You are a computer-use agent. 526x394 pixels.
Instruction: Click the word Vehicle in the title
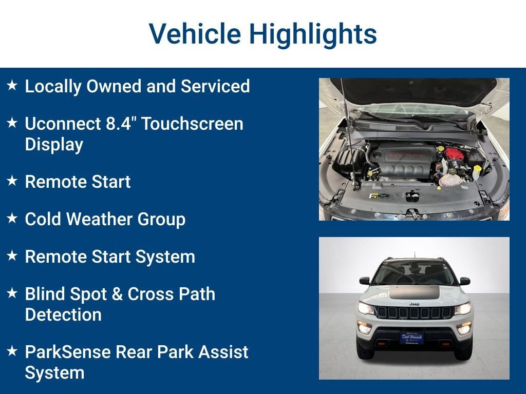[x=195, y=33]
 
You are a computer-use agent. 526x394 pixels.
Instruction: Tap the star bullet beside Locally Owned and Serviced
[x=12, y=85]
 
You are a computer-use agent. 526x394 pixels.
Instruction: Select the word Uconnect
[x=62, y=124]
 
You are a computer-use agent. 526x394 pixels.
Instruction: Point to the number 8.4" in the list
[x=120, y=123]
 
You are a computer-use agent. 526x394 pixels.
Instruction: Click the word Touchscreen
[x=192, y=124]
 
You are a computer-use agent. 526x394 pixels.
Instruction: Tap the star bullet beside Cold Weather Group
[x=12, y=218]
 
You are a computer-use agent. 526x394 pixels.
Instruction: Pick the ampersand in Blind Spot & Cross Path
[x=117, y=294]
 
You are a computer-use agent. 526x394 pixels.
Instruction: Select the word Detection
[x=63, y=314]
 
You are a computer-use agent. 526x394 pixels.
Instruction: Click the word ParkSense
[x=67, y=352]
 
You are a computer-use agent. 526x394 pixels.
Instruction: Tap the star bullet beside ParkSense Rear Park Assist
[x=12, y=351]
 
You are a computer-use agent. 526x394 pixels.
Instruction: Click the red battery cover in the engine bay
[x=455, y=153]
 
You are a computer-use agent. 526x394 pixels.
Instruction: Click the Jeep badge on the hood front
[x=415, y=304]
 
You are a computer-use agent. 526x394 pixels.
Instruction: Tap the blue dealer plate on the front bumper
[x=412, y=338]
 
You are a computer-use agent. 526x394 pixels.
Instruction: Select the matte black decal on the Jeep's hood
[x=415, y=292]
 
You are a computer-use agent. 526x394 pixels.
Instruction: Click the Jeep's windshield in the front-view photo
[x=415, y=273]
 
